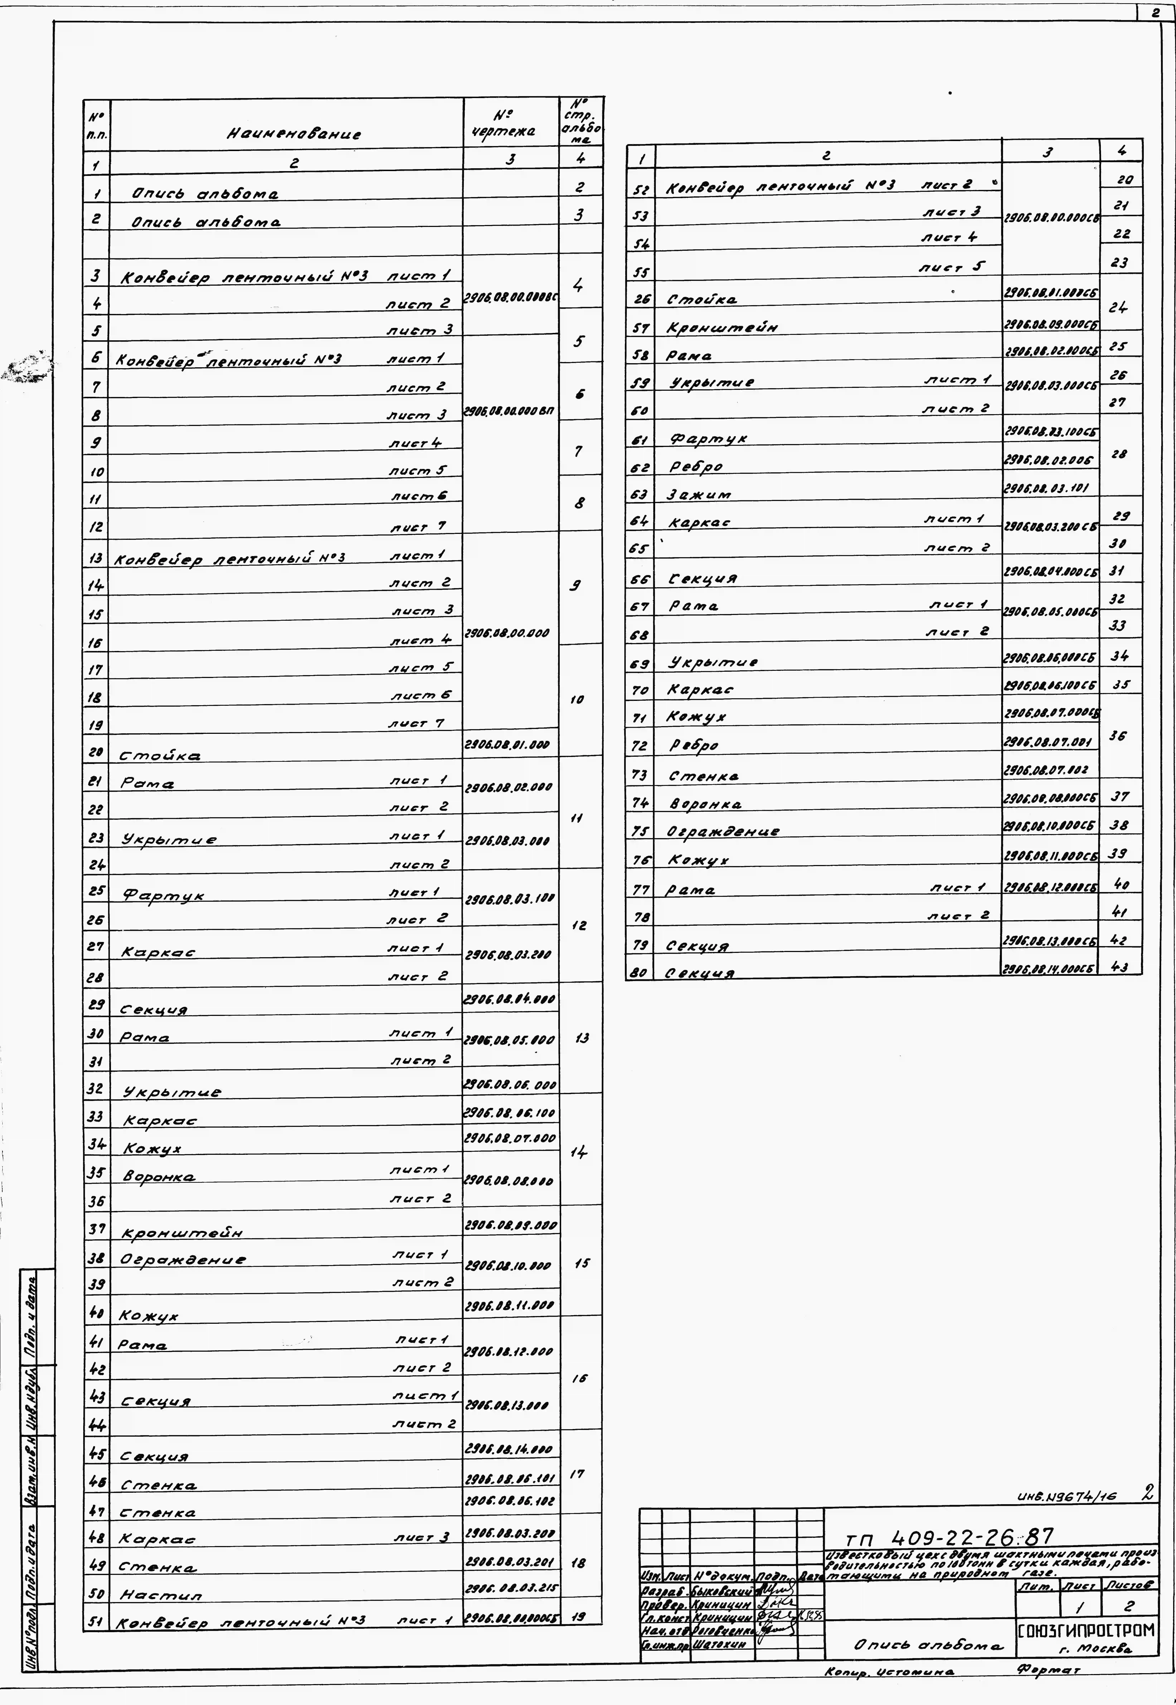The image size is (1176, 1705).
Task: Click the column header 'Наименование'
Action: pos(293,134)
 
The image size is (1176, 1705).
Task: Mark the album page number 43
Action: pos(1119,967)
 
